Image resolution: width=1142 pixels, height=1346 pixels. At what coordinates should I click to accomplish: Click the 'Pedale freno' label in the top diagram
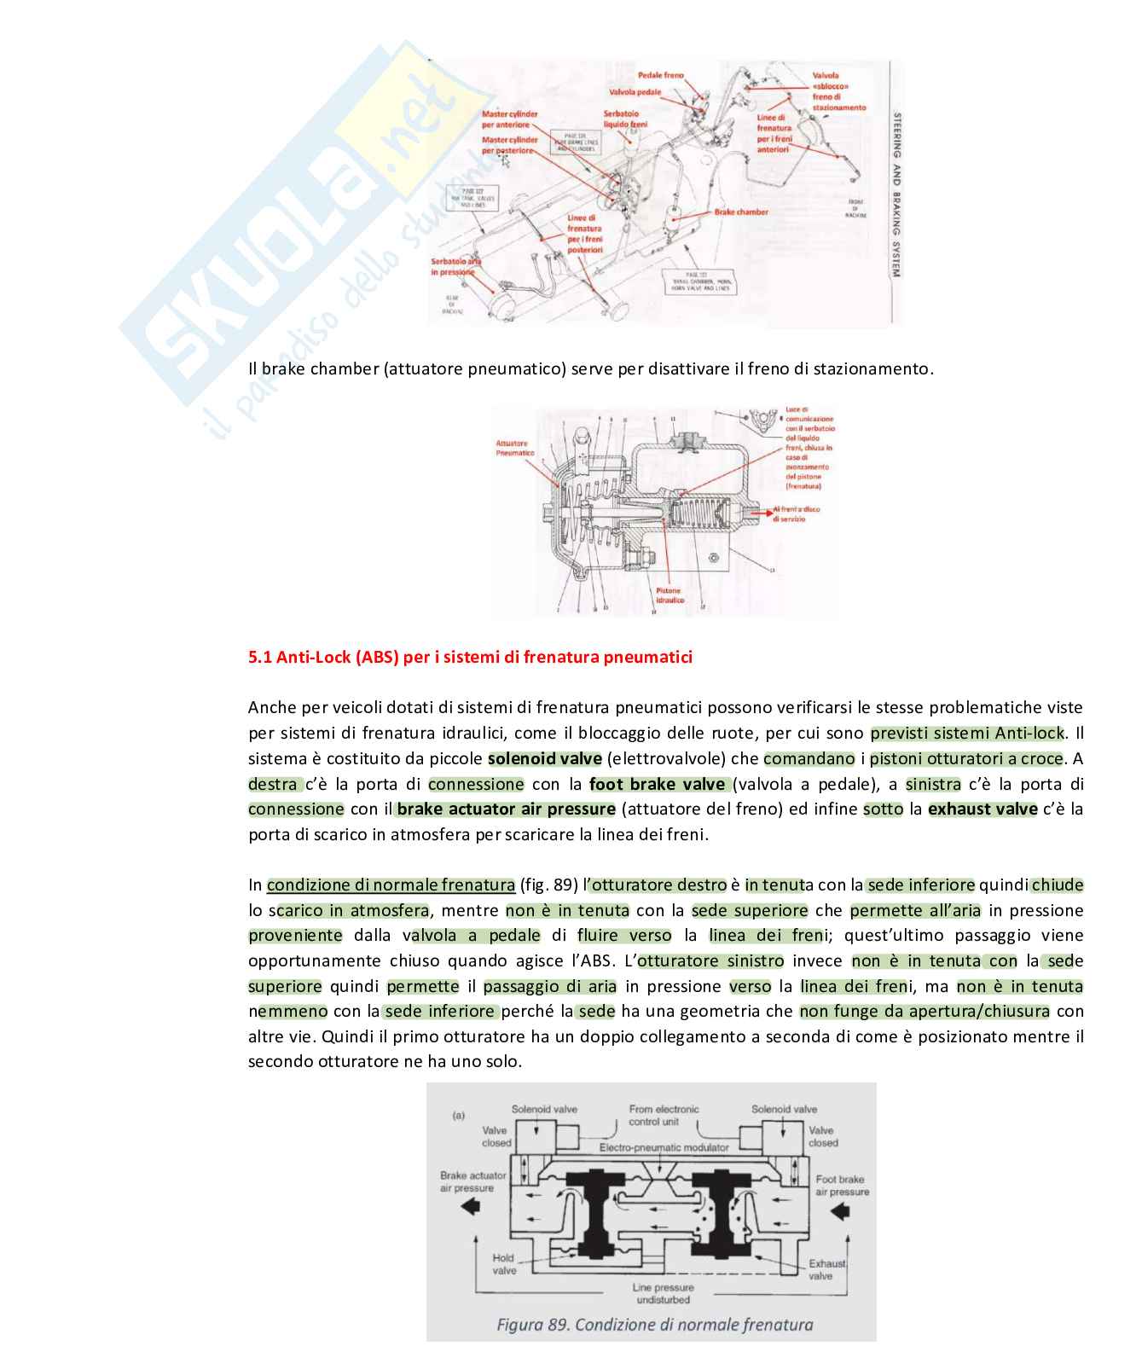point(660,75)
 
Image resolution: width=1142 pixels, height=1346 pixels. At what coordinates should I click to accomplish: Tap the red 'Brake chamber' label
point(740,212)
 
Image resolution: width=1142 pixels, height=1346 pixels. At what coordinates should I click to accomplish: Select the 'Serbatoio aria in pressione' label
point(455,267)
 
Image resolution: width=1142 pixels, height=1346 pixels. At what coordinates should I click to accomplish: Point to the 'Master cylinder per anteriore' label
point(509,119)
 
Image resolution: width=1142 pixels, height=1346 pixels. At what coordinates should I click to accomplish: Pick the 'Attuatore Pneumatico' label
point(514,448)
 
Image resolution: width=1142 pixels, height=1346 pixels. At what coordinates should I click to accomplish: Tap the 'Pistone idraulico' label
point(670,595)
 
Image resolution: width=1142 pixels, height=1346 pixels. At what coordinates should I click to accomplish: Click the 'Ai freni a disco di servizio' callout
point(795,513)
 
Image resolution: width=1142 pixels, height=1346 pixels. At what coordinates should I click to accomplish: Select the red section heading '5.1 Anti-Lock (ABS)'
point(470,657)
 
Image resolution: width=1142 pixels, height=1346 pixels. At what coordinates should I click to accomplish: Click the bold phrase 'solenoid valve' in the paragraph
point(545,758)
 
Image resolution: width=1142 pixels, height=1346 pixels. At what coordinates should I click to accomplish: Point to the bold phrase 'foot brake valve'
point(657,784)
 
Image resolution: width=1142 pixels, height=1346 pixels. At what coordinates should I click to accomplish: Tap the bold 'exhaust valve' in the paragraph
point(983,809)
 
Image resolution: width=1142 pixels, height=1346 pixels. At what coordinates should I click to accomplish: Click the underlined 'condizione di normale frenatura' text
point(391,885)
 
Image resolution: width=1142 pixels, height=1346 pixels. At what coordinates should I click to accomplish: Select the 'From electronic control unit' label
point(664,1115)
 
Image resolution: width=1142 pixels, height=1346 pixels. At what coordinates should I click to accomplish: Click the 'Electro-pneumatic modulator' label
point(664,1147)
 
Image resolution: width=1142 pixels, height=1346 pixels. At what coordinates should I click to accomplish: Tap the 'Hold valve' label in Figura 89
point(503,1263)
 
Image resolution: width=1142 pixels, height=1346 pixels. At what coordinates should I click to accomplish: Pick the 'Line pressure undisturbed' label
point(663,1293)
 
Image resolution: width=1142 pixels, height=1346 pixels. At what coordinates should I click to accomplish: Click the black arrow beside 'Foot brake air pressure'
point(840,1211)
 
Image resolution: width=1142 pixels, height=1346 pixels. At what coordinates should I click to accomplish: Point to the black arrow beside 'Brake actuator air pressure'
point(470,1206)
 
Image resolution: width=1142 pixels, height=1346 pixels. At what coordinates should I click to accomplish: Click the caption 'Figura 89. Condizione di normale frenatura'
point(654,1325)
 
